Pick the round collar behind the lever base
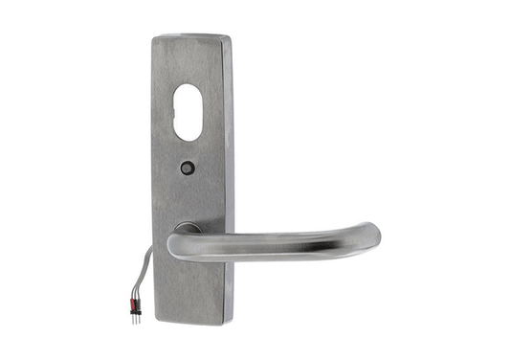coord(188,229)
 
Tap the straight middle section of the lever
coord(277,245)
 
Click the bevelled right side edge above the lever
coord(227,144)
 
